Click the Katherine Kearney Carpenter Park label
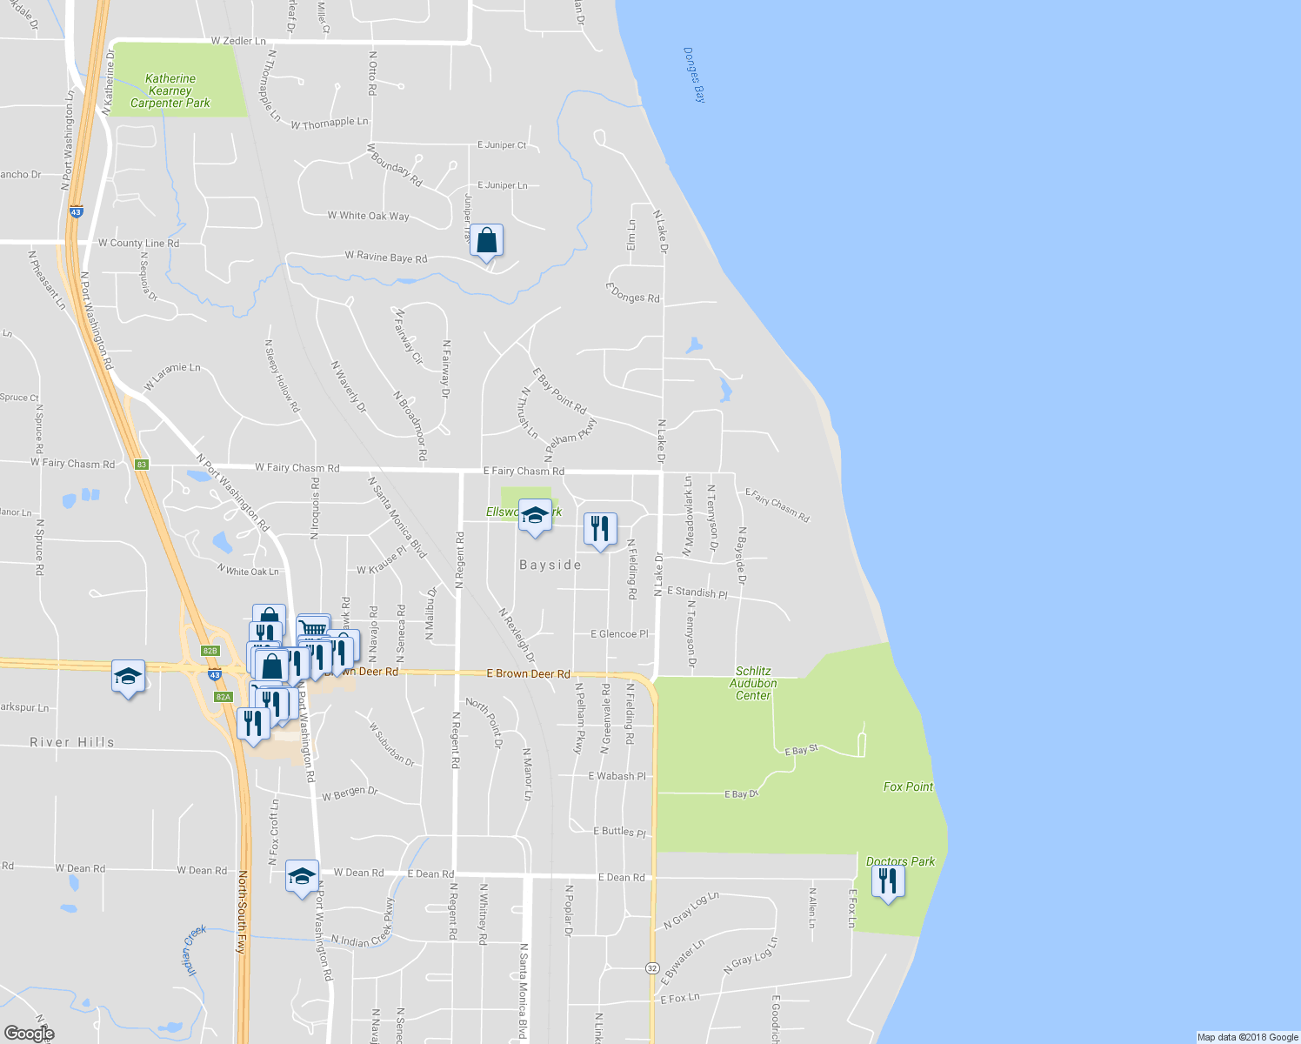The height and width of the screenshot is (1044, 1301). pos(170,91)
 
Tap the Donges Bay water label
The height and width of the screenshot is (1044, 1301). pos(695,75)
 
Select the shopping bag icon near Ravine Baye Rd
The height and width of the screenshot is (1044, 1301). pos(487,241)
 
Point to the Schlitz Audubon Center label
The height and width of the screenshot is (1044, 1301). pos(753,683)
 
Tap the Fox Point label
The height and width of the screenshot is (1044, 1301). pos(908,786)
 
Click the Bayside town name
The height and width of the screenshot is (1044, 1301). pos(550,565)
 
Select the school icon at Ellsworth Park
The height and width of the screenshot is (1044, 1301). pos(535,514)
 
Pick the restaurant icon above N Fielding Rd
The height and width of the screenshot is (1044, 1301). pos(600,528)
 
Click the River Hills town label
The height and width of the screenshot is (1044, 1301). pos(72,742)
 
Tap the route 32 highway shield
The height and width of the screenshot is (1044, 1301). pos(651,967)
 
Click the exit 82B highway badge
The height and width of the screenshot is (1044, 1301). pos(210,651)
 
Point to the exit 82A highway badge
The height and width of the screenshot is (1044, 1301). pos(224,697)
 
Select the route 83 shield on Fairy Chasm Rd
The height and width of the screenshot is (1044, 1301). pos(142,465)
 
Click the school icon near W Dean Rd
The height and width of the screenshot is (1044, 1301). pos(302,876)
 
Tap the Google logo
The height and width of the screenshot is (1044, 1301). pos(29,1034)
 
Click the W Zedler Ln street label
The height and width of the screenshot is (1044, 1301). pos(238,41)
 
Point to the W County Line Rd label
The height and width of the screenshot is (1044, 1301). pos(138,244)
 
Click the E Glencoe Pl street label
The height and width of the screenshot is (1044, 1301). pos(619,634)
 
